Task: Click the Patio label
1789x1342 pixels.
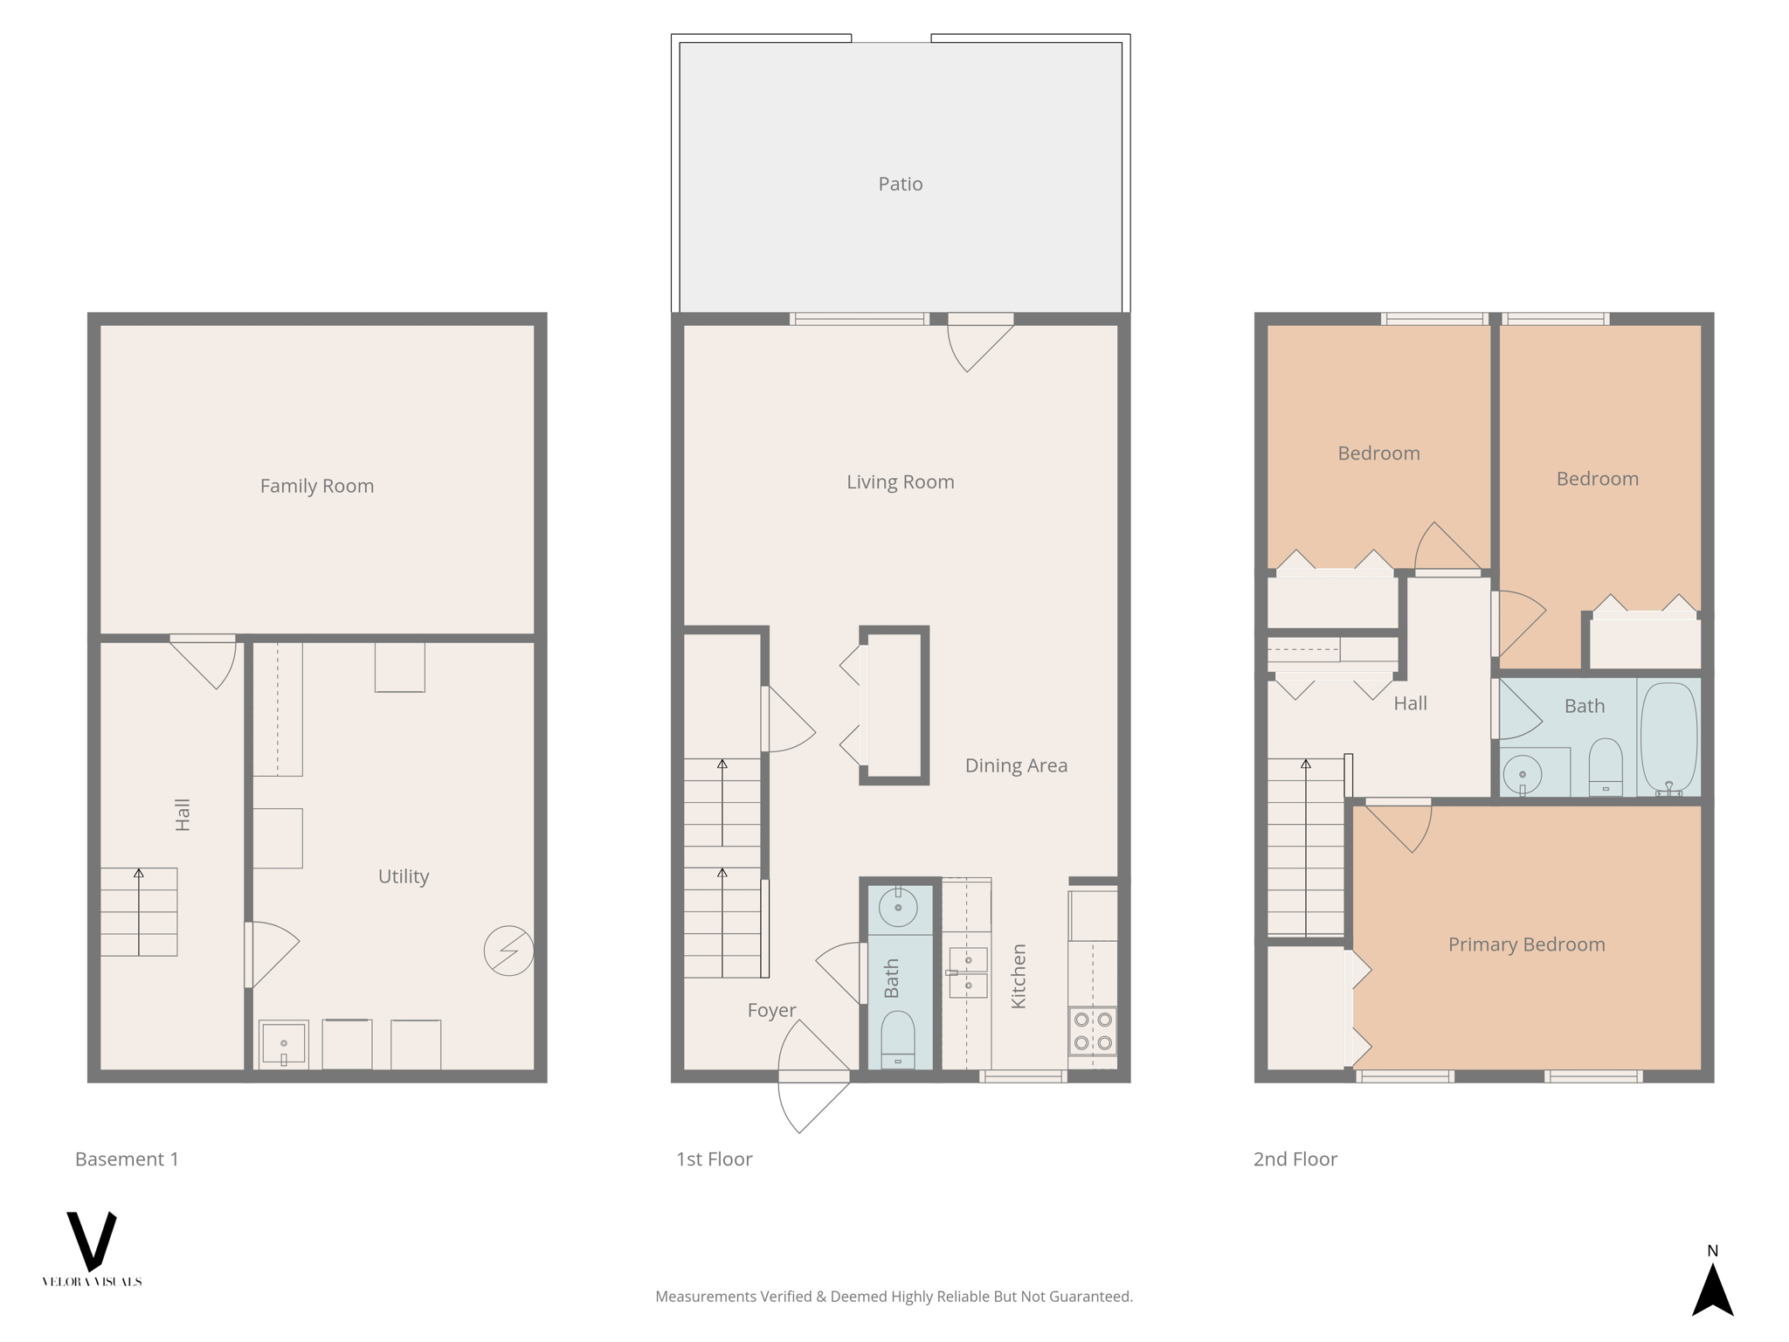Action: (x=900, y=183)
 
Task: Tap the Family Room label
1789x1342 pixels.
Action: (x=316, y=486)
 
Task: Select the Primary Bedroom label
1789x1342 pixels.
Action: (x=1526, y=944)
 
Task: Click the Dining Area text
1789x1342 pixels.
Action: (x=1016, y=765)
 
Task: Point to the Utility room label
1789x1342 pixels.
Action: (x=403, y=876)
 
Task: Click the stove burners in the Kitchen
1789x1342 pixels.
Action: (x=1093, y=1031)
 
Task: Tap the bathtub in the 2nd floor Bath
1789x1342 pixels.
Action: (x=1668, y=738)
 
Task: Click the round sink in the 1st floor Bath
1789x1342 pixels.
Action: (x=898, y=908)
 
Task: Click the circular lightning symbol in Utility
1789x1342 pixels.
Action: (x=508, y=951)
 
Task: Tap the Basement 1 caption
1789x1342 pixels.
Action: (x=127, y=1159)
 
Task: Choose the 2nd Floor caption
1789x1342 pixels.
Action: (x=1295, y=1159)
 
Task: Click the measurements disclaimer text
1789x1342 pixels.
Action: (x=894, y=1297)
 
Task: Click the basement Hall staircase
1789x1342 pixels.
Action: (x=139, y=912)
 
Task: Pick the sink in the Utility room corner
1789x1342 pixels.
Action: (x=283, y=1044)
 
